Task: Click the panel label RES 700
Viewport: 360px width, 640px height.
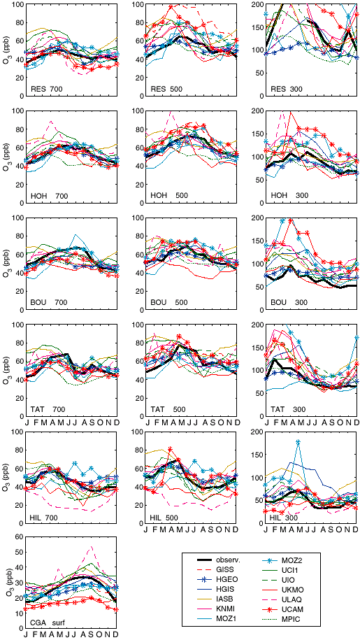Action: (45, 88)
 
